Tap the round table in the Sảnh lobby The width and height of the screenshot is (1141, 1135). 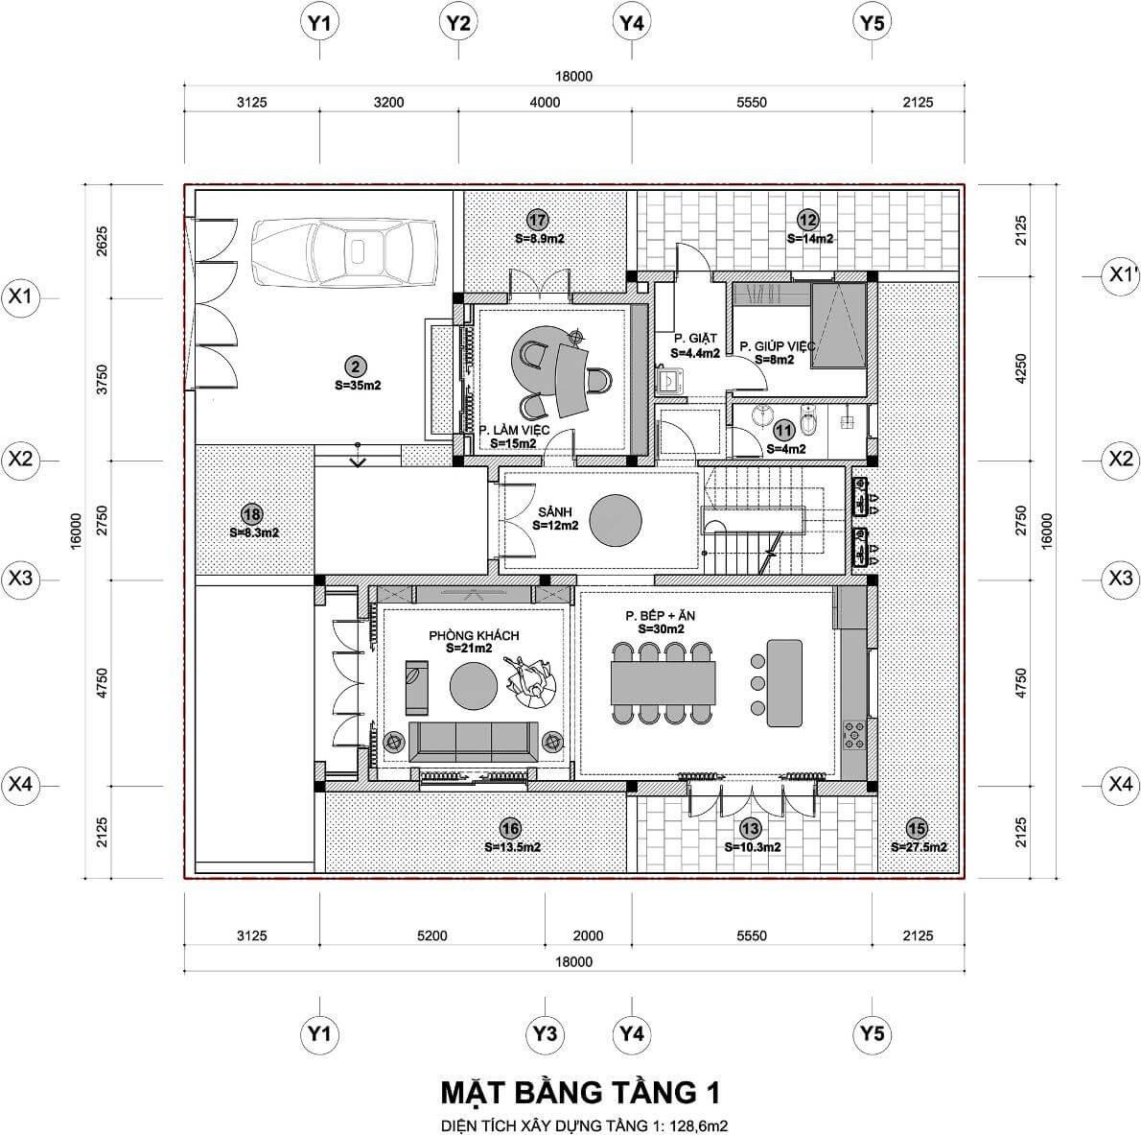point(615,520)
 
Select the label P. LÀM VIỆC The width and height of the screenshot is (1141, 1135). point(513,431)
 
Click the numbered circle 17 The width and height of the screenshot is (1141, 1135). point(537,217)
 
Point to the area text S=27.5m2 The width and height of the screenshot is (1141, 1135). point(919,847)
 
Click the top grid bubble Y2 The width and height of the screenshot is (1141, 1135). point(458,23)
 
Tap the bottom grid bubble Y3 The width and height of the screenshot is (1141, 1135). point(545,1033)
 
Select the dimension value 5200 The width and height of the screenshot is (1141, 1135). point(432,935)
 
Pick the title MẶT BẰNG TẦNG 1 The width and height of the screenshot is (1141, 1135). point(580,1092)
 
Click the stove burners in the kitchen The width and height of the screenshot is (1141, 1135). point(853,736)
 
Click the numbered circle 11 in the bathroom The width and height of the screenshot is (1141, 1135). point(785,432)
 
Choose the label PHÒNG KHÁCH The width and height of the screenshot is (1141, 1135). point(474,635)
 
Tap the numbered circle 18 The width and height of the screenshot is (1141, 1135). point(252,513)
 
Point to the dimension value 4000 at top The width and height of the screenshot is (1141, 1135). point(545,103)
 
